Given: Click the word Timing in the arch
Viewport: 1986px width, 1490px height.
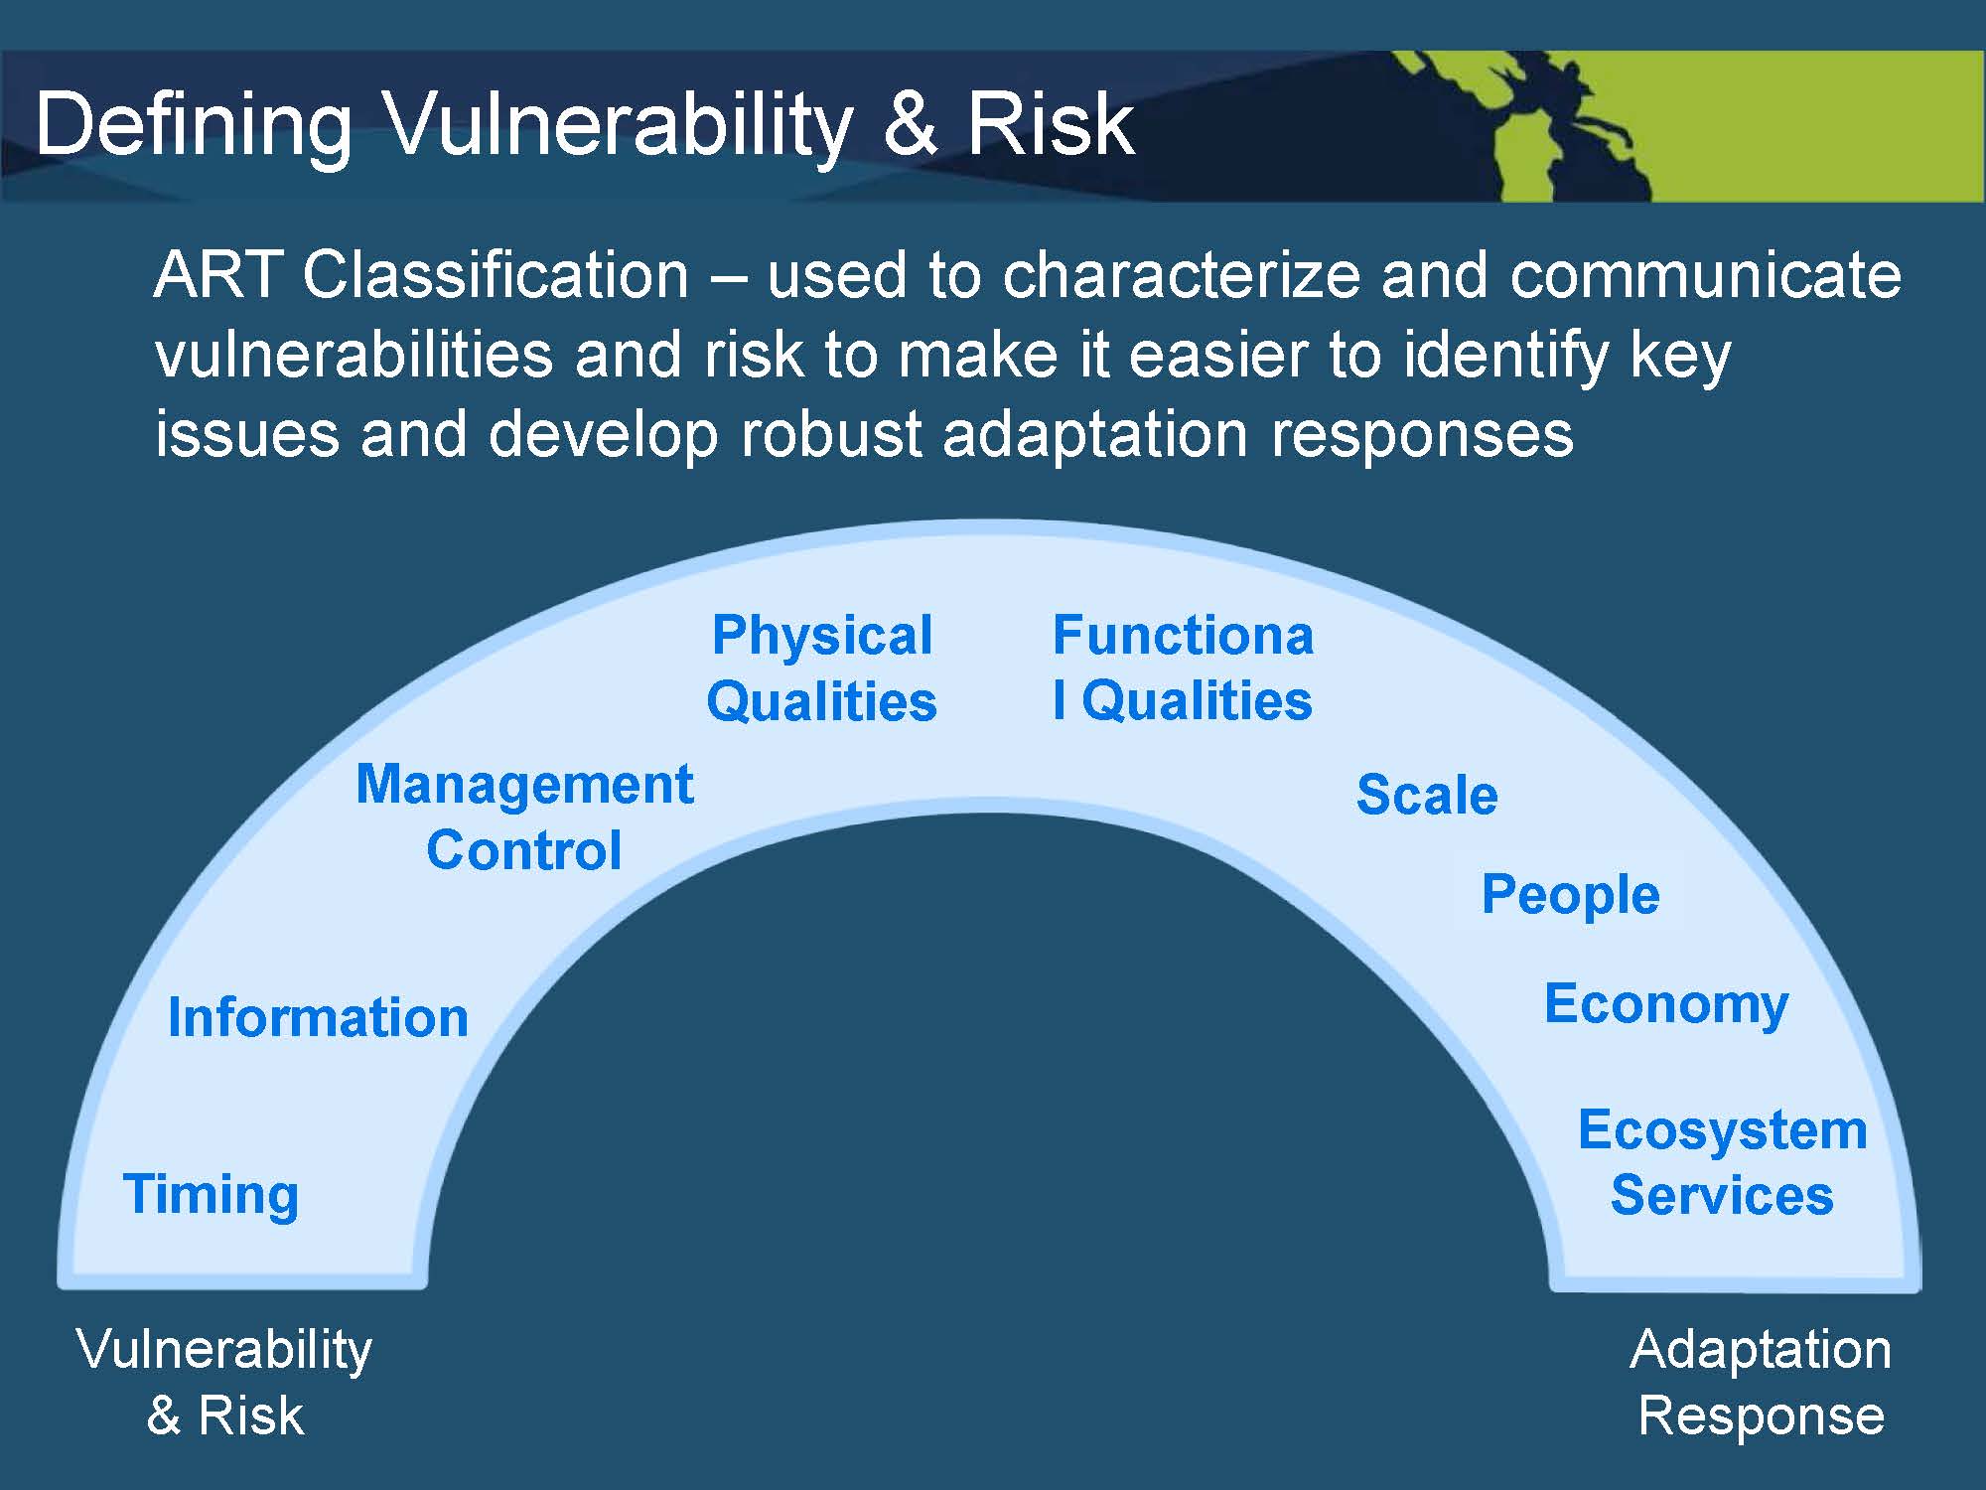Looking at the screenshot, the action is [211, 1195].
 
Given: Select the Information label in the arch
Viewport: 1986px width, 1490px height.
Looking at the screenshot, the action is [318, 1017].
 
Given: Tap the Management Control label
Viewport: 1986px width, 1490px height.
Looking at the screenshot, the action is [524, 817].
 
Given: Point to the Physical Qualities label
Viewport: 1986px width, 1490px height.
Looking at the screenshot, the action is [822, 668].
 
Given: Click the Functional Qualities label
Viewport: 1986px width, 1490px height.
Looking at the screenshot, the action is [1183, 668].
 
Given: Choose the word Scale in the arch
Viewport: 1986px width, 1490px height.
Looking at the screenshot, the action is [1427, 795].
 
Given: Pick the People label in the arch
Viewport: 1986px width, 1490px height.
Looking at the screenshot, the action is [1570, 895].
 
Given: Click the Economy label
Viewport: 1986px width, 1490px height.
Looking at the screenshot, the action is [1666, 1005].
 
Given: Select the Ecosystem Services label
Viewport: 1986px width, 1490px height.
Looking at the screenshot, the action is [1723, 1162].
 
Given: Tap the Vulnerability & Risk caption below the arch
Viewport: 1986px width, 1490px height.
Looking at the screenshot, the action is [224, 1383].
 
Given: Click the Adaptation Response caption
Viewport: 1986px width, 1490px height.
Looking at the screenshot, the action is [1761, 1383].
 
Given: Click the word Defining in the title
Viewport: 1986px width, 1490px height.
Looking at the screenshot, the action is [194, 126].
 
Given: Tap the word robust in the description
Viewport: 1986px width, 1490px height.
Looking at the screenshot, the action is [832, 434].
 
